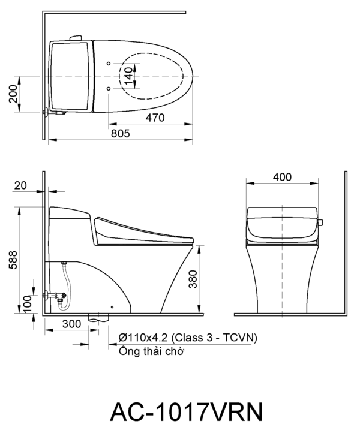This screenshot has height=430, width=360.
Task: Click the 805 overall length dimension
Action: pos(120,134)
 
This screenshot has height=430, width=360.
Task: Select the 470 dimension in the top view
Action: pos(155,118)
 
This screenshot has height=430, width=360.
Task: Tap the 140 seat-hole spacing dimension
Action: pos(128,76)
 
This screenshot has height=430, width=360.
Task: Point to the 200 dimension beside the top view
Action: pos(13,94)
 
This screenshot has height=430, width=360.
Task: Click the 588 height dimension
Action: pos(13,260)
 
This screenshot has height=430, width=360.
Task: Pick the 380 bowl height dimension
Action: pos(193,279)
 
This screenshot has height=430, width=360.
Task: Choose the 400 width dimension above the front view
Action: pos(282,177)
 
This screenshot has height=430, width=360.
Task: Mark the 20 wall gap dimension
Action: pos(20,185)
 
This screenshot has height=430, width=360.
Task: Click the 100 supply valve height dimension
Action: pos(28,304)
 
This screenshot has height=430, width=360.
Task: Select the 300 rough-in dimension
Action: pos(72,324)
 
